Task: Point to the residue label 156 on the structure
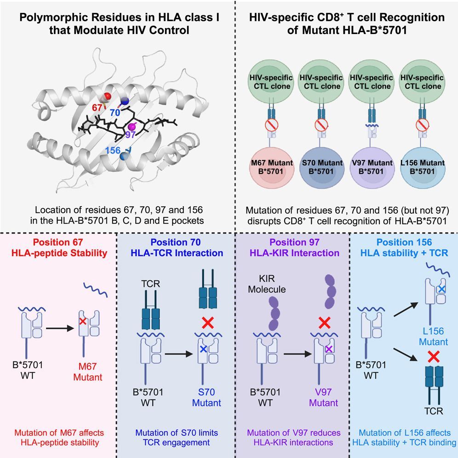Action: click(x=114, y=151)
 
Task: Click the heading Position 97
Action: click(x=292, y=242)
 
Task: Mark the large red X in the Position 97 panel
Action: click(x=325, y=322)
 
